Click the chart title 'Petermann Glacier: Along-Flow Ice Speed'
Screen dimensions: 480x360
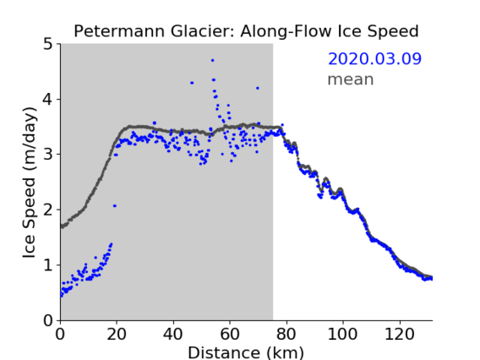tap(246, 31)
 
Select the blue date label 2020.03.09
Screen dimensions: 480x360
tap(374, 59)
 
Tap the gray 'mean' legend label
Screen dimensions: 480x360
tap(351, 79)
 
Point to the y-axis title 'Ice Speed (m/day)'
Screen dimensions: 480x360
tap(30, 183)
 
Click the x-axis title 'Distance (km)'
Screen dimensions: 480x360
tap(246, 352)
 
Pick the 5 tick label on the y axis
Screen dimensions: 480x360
tap(48, 45)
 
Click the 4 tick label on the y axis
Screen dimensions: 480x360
tap(48, 100)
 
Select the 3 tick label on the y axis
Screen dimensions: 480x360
tap(48, 155)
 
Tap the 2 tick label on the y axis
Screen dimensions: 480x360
tap(48, 210)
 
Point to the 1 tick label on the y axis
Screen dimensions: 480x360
tap(48, 265)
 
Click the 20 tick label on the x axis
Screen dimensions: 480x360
tap(117, 334)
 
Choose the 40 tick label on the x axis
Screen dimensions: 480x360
tap(173, 334)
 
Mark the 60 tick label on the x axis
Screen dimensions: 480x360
tap(230, 334)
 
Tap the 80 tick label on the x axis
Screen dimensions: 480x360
tap(286, 334)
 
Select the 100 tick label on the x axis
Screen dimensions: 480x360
tap(342, 334)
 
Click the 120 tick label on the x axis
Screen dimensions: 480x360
tap(399, 334)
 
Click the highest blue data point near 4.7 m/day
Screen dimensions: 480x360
tap(212, 61)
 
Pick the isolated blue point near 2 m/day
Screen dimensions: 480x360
tap(114, 206)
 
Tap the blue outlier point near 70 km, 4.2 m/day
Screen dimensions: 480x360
tap(258, 88)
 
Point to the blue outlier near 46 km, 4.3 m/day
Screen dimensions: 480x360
tap(192, 83)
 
